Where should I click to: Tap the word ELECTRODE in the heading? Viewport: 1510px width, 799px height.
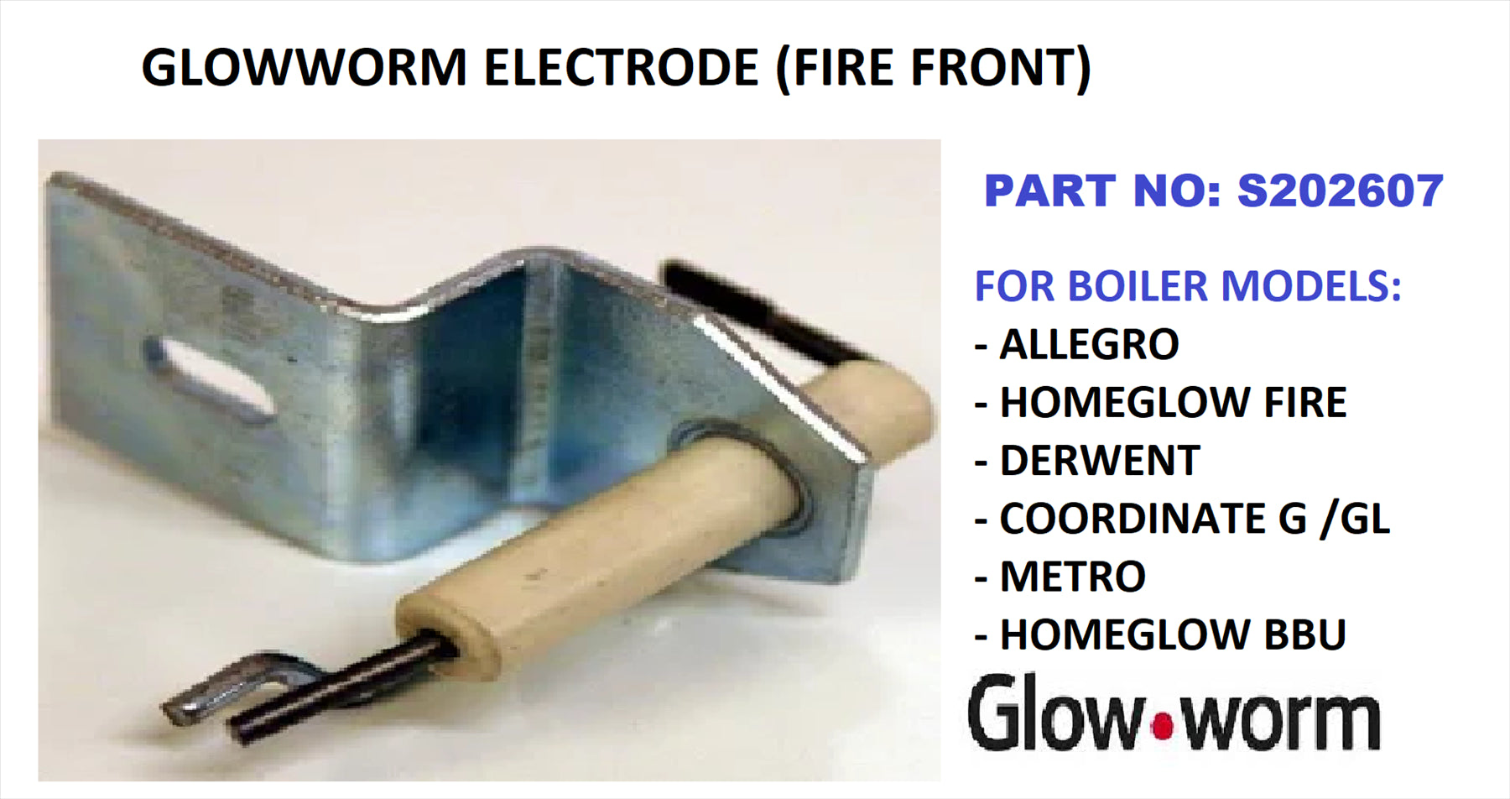(622, 67)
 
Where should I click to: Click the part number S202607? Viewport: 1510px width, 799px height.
(1341, 191)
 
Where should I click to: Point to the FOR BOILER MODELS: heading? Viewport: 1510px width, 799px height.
(1188, 286)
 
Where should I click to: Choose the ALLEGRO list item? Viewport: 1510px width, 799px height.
(1089, 344)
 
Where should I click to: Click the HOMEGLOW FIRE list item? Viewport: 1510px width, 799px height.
(1173, 402)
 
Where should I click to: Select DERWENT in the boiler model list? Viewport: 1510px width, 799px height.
(1100, 460)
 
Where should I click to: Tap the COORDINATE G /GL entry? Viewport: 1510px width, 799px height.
(1195, 518)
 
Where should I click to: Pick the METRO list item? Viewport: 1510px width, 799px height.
(1072, 576)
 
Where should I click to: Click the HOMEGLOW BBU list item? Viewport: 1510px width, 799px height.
(1173, 634)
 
